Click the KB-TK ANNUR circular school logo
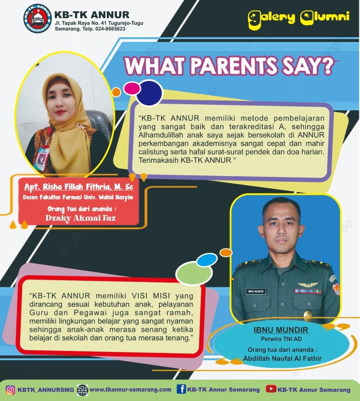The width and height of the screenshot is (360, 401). pyautogui.click(x=37, y=19)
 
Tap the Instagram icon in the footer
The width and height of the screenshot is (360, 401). pyautogui.click(x=10, y=390)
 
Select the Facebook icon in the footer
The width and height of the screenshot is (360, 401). pyautogui.click(x=181, y=389)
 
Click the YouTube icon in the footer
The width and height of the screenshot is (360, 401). pyautogui.click(x=271, y=389)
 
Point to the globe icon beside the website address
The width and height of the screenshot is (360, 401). pyautogui.click(x=82, y=390)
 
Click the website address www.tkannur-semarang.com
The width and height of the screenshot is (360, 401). pyautogui.click(x=130, y=390)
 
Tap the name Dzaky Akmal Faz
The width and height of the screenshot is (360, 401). pyautogui.click(x=80, y=217)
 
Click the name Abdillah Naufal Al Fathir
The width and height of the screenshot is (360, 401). pyautogui.click(x=282, y=358)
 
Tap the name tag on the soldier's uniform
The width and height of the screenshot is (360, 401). pyautogui.click(x=256, y=291)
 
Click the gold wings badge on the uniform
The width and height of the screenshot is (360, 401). pyautogui.click(x=308, y=285)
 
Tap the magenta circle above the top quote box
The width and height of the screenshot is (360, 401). pyautogui.click(x=132, y=88)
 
